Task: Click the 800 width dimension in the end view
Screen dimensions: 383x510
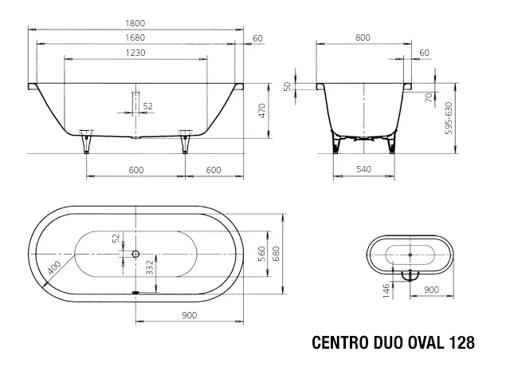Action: [x=363, y=38]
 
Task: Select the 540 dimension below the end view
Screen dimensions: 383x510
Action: [x=363, y=169]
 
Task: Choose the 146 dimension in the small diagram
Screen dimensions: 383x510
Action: [x=386, y=289]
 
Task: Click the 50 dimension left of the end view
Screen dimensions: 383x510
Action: [x=288, y=86]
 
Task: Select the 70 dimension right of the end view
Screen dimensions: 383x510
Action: [x=428, y=97]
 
